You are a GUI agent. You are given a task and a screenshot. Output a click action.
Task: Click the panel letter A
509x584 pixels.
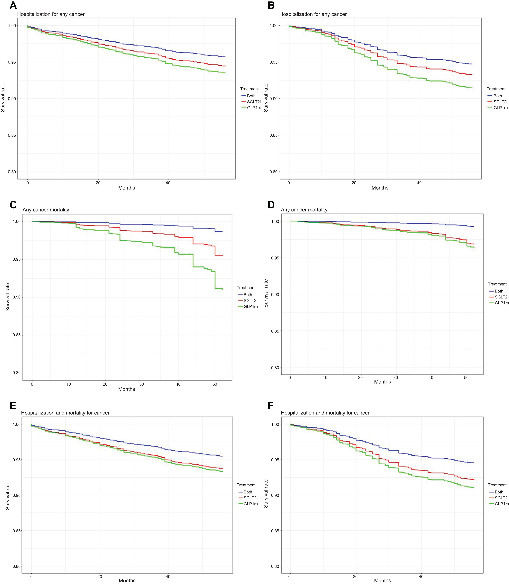13,6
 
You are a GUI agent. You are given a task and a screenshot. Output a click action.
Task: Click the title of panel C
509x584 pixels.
46,210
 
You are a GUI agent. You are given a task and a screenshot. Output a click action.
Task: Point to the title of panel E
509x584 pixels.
65,413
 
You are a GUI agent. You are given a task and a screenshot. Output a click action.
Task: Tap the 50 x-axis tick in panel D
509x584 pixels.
466,378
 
